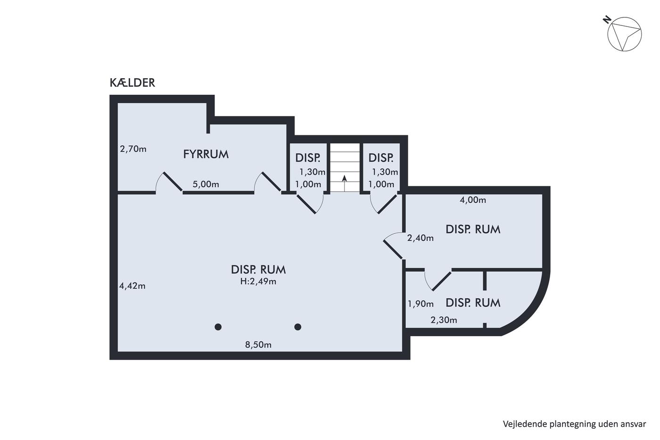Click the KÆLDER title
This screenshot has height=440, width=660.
click(132, 83)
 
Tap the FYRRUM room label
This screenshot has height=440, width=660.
click(206, 154)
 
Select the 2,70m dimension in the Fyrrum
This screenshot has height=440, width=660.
click(133, 149)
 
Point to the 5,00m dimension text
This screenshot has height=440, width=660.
click(206, 184)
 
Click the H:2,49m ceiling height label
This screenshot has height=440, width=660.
click(258, 282)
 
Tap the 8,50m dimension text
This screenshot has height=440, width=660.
click(258, 345)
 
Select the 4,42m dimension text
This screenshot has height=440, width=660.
click(132, 286)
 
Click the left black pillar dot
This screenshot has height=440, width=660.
click(218, 327)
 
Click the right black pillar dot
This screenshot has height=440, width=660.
click(297, 327)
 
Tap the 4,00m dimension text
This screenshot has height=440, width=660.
click(472, 200)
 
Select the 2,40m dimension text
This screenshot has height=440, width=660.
click(420, 238)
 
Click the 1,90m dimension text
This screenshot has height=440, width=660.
click(421, 304)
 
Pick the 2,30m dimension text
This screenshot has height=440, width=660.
click(444, 320)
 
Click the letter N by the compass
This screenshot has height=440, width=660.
click(607, 20)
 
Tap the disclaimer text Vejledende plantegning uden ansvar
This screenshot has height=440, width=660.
click(574, 424)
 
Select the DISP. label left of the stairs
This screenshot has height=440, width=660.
click(307, 158)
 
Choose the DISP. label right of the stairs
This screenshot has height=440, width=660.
click(381, 158)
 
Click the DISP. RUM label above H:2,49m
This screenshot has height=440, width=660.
click(258, 270)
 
